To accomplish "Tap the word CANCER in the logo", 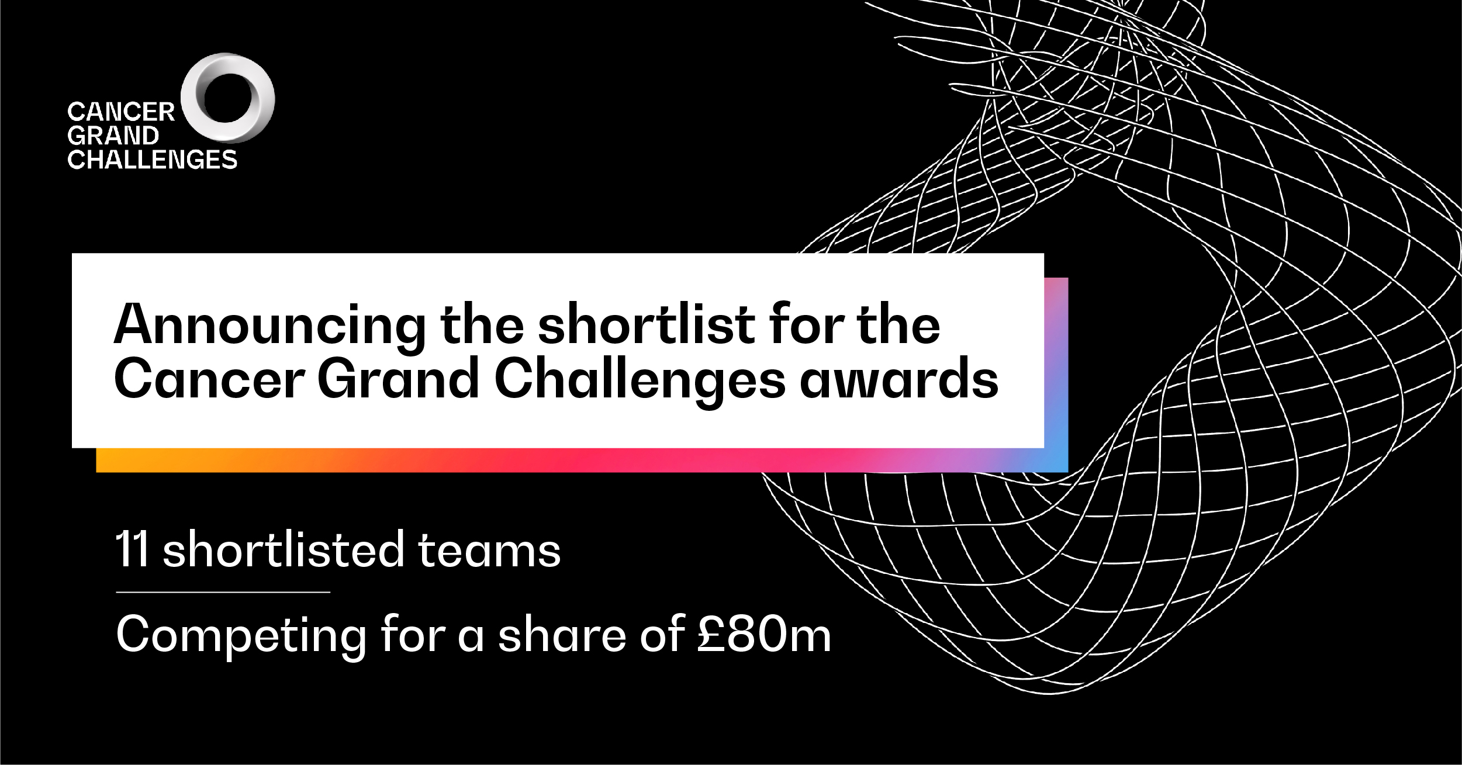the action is coord(121,112).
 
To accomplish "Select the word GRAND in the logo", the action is coord(113,136).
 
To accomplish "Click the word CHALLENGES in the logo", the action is coord(152,160).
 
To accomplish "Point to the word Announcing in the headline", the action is coord(269,327).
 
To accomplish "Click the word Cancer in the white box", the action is coord(209,379).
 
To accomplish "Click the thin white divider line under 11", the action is coord(223,592).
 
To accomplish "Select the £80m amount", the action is coord(764,634).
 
